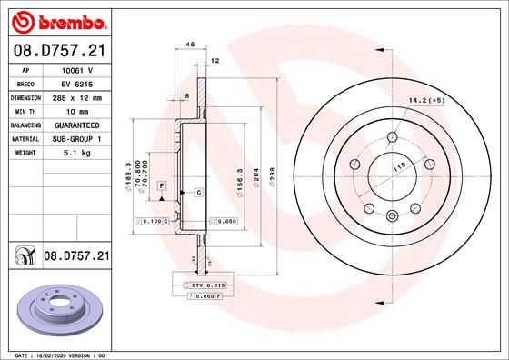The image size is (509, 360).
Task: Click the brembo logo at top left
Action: click(56, 21)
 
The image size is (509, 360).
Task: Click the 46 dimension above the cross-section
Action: click(190, 44)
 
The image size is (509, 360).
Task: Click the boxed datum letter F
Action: click(161, 185)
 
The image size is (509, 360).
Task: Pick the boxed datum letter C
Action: click(197, 193)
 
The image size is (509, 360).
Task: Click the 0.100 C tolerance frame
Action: click(152, 221)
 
